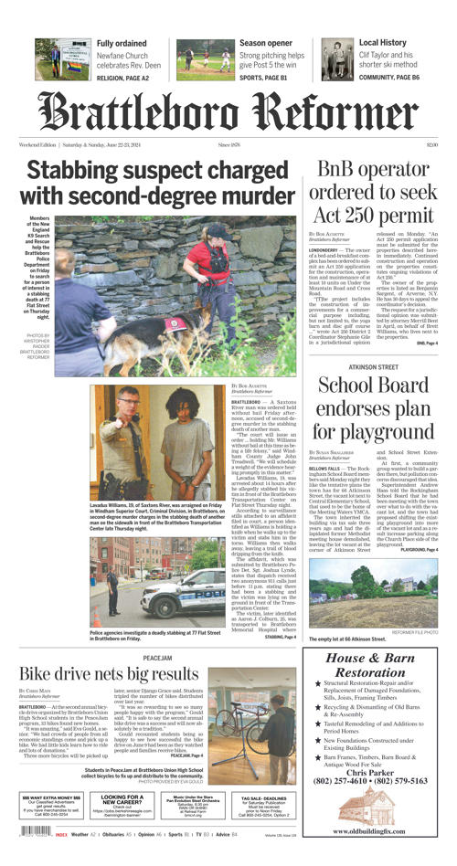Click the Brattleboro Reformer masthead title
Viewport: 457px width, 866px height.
(x=228, y=112)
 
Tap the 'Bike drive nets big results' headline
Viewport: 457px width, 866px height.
(x=109, y=673)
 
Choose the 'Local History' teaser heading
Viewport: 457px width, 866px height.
(x=383, y=43)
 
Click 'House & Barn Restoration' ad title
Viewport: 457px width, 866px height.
(x=377, y=665)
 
